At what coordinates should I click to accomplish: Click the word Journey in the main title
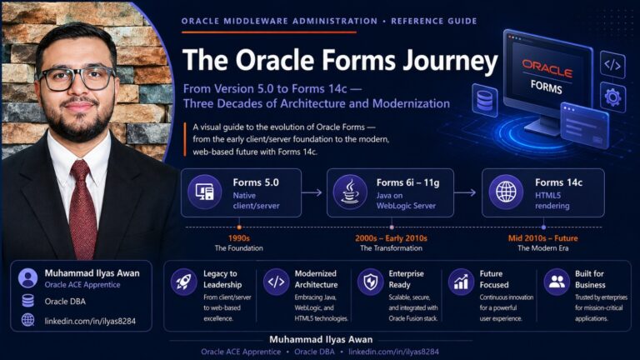point(450,61)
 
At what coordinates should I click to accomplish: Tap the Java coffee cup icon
point(350,192)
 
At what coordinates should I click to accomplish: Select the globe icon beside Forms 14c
point(506,192)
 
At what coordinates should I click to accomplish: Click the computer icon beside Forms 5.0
point(204,192)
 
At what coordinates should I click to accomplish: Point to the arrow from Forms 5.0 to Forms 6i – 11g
point(312,192)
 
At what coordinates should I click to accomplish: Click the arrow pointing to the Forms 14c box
point(465,192)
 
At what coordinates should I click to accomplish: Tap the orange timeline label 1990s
point(239,238)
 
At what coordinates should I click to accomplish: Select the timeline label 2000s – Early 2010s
point(391,238)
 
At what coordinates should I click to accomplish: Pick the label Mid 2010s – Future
point(542,238)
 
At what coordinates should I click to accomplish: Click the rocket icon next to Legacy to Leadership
point(183,282)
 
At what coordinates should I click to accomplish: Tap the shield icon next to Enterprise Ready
point(370,282)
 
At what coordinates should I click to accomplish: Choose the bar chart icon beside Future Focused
point(461,282)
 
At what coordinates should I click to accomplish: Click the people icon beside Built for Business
point(557,282)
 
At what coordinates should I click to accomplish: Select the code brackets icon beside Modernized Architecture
point(276,282)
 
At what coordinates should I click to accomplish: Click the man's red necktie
point(82,209)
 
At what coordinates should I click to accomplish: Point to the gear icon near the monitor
point(612,97)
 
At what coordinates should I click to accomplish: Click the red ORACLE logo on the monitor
point(547,69)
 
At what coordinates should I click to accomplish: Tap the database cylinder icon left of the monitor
point(485,100)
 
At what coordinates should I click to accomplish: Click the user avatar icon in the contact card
point(27,278)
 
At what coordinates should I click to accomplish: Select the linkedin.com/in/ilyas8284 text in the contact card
point(90,321)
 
